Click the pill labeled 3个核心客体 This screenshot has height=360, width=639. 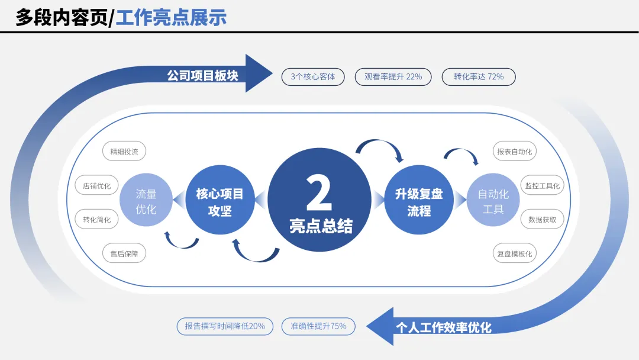pos(313,77)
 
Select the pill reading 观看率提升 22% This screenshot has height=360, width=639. pos(393,77)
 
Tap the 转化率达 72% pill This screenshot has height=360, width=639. pos(479,77)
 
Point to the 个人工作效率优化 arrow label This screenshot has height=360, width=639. pos(443,327)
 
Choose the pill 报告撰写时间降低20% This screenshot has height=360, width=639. pos(225,326)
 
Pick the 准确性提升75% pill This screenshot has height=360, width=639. pos(318,326)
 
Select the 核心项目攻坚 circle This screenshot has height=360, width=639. pos(220,202)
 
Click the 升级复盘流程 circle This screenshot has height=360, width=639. pos(419,202)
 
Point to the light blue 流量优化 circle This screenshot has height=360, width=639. pos(146,201)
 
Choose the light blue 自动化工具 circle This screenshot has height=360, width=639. pos(493,201)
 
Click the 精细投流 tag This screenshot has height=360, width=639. pos(124,152)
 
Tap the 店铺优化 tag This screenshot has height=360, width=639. pos(97,185)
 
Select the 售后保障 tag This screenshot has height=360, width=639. pos(124,253)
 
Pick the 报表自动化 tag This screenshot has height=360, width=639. pos(514,152)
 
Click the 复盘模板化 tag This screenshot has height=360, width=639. pos(514,253)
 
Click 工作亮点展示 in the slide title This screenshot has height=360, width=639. pos(171,17)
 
